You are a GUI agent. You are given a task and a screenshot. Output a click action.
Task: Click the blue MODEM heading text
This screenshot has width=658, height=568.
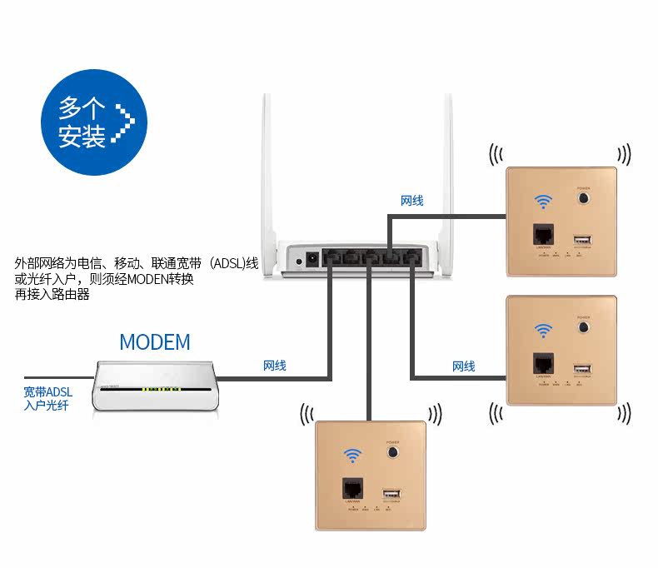(155, 341)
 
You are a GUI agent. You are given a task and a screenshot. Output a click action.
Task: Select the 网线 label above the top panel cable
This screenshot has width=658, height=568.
(412, 201)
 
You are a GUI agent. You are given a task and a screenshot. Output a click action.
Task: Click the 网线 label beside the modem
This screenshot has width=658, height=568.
(275, 365)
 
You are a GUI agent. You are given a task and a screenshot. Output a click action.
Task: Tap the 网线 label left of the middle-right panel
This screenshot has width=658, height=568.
(464, 366)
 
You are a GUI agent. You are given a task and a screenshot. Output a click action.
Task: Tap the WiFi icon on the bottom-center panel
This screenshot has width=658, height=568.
(353, 455)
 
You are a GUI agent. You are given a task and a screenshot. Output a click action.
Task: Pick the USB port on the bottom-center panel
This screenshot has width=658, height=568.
(391, 492)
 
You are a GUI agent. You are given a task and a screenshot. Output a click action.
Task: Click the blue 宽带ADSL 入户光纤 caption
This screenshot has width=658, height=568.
(47, 398)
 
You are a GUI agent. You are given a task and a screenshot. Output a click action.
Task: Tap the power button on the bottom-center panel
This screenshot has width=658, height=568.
(391, 453)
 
